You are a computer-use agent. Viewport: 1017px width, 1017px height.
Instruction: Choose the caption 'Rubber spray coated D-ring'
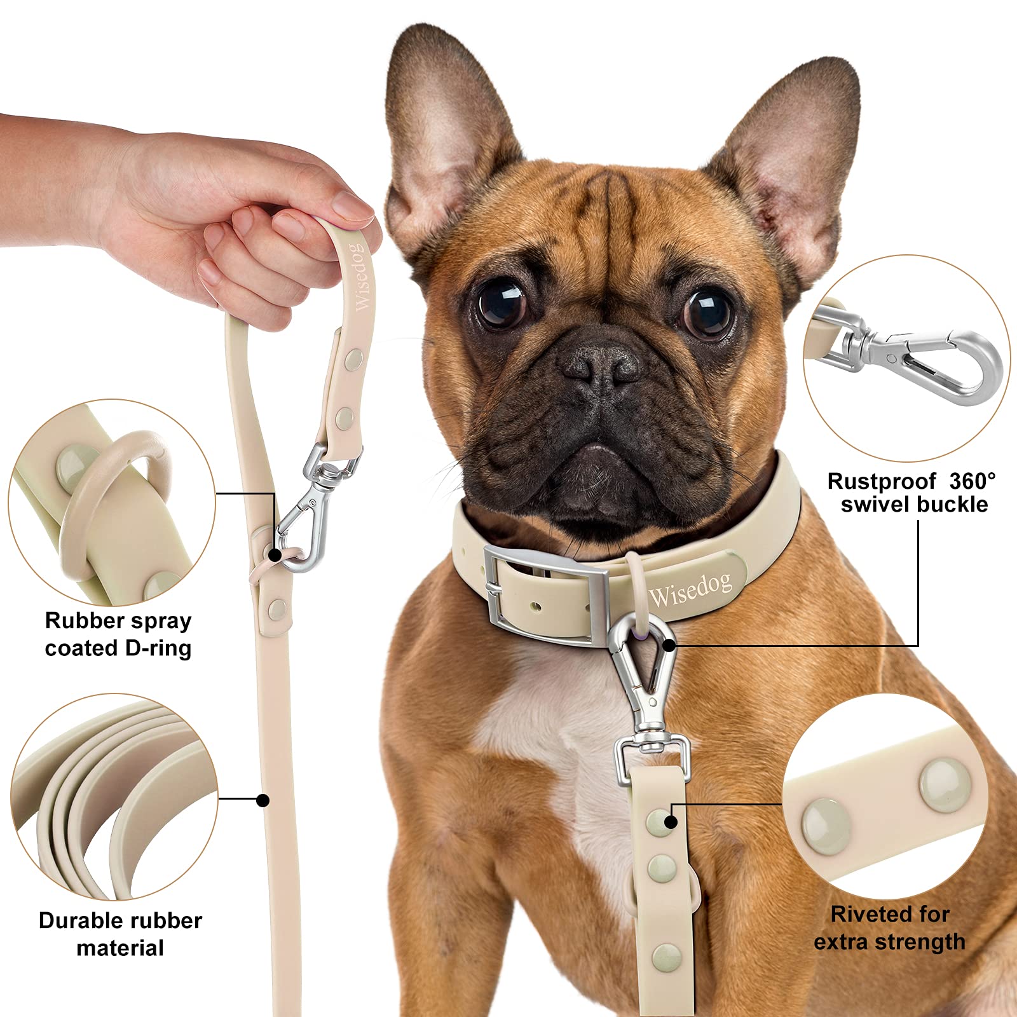tap(118, 634)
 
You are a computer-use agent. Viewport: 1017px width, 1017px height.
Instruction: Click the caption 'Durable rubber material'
tap(120, 934)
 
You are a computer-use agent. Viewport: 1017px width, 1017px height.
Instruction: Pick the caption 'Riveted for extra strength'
tap(890, 928)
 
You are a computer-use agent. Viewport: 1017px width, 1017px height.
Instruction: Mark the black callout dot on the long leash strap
tap(263, 800)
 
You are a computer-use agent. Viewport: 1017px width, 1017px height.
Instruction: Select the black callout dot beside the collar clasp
tap(668, 645)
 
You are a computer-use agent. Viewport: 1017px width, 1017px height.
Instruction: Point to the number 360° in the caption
tap(973, 481)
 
